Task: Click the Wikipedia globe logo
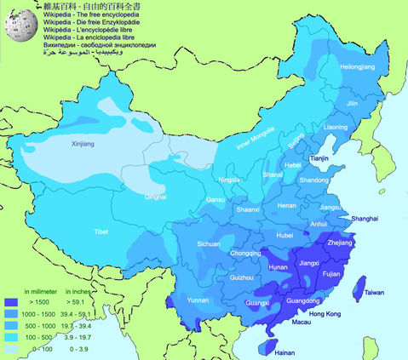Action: coord(14,26)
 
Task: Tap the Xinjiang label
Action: coord(83,145)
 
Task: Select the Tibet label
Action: coord(101,231)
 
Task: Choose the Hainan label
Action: coord(286,351)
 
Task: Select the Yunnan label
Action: coord(198,300)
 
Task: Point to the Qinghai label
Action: coord(156,197)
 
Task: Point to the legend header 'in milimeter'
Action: coord(40,290)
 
